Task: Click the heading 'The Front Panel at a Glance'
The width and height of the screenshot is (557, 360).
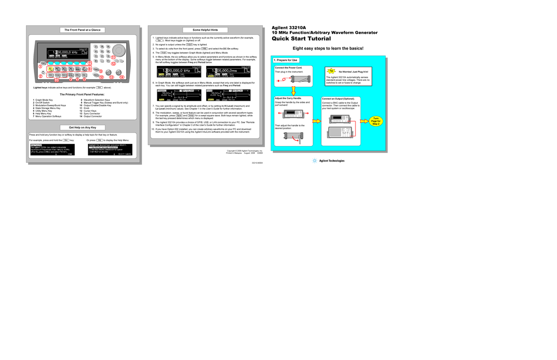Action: pyautogui.click(x=83, y=30)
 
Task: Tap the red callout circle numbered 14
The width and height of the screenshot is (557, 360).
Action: pyautogui.click(x=122, y=77)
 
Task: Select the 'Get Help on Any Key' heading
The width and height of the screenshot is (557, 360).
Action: pyautogui.click(x=83, y=128)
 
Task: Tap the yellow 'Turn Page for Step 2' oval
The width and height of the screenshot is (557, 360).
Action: pyautogui.click(x=376, y=122)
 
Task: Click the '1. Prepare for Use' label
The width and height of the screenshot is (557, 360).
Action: pyautogui.click(x=286, y=60)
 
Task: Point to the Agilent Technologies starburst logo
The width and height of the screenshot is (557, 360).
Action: pyautogui.click(x=315, y=161)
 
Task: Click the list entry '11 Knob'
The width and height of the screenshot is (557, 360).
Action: pyautogui.click(x=87, y=108)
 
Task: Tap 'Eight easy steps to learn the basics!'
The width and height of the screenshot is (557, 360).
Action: pyautogui.click(x=327, y=48)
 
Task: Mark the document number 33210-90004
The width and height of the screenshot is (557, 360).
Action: pyautogui.click(x=257, y=163)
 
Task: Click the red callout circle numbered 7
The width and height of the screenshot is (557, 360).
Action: pyautogui.click(x=90, y=63)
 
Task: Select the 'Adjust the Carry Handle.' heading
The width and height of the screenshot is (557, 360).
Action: pyautogui.click(x=288, y=98)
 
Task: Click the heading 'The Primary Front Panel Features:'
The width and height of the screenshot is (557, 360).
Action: pyautogui.click(x=83, y=95)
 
